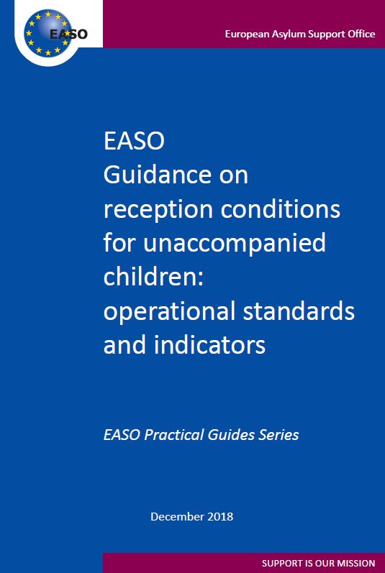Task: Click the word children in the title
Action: pos(150,276)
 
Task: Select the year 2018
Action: pos(220,517)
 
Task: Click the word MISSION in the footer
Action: pos(358,563)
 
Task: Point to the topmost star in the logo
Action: pos(48,14)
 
